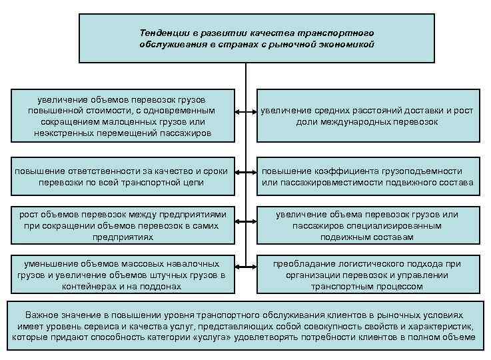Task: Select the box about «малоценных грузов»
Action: [x=123, y=116]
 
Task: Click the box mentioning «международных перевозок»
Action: [x=367, y=116]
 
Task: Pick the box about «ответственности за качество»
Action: [x=123, y=177]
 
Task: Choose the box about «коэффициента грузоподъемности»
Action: [x=367, y=177]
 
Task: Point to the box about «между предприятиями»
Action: [x=123, y=225]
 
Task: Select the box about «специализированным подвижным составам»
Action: [x=367, y=225]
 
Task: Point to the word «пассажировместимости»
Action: [x=330, y=183]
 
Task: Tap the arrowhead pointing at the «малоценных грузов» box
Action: [x=237, y=111]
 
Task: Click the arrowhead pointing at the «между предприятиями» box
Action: [x=237, y=220]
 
